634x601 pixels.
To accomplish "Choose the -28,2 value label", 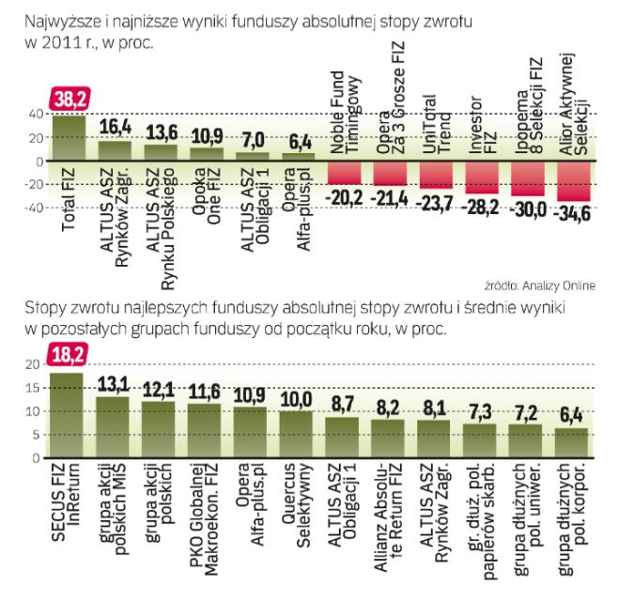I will tap(483, 206).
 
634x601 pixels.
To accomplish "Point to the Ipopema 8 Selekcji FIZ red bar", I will tap(528, 177).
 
